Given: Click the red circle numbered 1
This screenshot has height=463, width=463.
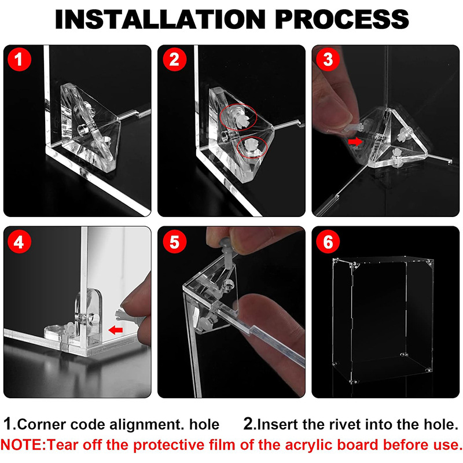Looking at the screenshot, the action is tap(19, 59).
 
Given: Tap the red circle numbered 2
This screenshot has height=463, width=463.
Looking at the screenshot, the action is tap(175, 59).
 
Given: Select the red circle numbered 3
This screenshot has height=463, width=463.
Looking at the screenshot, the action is tap(328, 59).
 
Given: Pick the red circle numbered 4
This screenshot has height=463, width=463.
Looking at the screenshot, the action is tap(19, 241).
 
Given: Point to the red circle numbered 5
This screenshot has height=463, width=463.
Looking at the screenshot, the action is tap(175, 241).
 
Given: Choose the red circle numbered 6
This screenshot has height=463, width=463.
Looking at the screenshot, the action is tap(328, 241).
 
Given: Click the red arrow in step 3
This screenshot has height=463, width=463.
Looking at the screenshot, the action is tap(355, 141).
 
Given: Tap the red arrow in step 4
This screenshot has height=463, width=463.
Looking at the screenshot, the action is tap(115, 330).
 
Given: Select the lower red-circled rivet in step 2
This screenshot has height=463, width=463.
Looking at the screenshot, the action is tap(251, 146).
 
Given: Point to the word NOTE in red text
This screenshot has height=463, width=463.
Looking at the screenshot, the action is tap(21, 444).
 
